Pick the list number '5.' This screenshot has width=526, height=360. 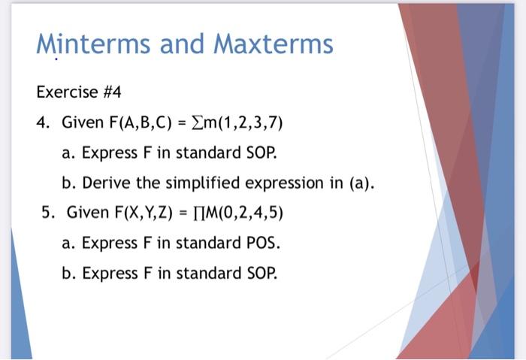[x=49, y=212]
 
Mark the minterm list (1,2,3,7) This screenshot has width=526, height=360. [x=254, y=122]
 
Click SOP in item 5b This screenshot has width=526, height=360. [x=262, y=272]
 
